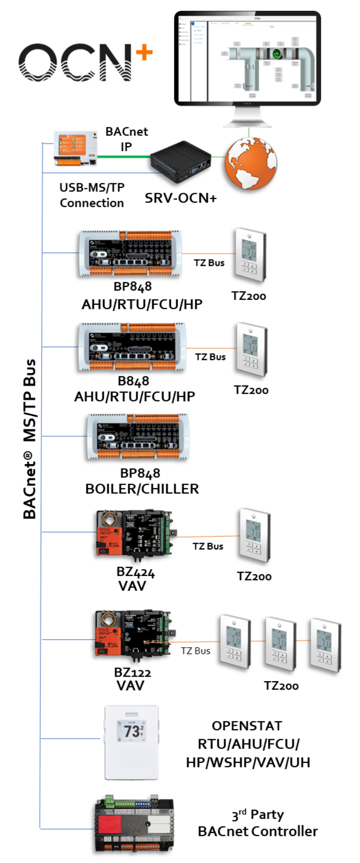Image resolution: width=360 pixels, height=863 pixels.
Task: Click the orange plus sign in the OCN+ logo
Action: coord(144,52)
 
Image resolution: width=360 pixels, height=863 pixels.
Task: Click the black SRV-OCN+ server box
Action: coord(180,161)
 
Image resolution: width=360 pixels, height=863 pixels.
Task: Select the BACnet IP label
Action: coord(126,139)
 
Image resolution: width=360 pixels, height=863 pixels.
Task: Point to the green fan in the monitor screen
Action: coord(277,53)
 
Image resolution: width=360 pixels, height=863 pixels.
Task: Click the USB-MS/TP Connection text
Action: coord(92,195)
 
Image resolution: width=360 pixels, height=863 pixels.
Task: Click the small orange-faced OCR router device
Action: coord(75,148)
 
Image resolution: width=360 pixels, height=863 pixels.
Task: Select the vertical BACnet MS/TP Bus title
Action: coord(30,438)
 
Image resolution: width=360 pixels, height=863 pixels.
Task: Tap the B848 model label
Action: coord(133,381)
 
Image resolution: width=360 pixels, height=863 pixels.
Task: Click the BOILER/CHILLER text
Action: coord(142,488)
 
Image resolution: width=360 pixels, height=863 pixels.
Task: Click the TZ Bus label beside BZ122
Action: coord(195,650)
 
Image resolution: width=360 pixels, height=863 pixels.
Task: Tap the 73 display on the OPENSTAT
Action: coord(131,731)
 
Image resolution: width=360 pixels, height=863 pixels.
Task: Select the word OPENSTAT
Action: coord(247,725)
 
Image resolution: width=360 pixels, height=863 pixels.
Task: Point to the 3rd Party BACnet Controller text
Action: coord(258,823)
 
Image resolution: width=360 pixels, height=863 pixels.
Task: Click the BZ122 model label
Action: coord(132,672)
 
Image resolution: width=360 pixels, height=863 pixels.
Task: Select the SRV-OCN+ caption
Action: coord(180,198)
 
